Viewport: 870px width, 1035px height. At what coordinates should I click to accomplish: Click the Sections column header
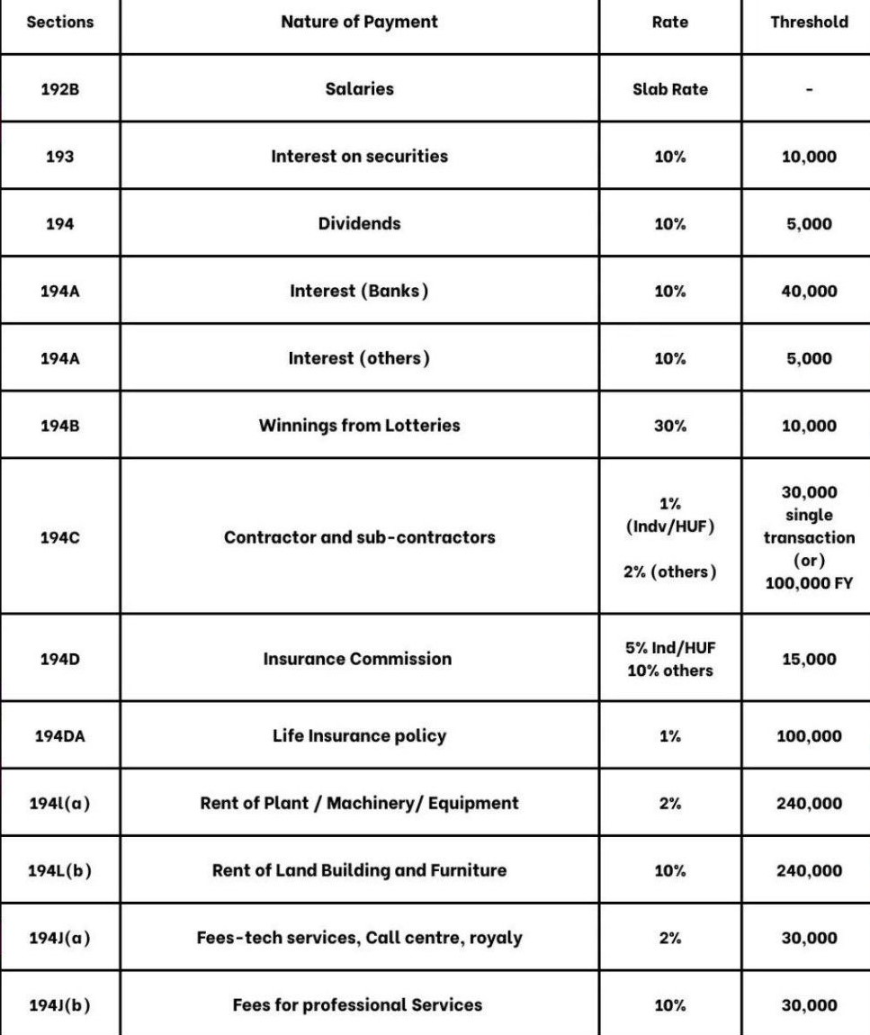pyautogui.click(x=59, y=22)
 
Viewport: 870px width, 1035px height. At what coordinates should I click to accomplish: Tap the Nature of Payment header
pyautogui.click(x=359, y=22)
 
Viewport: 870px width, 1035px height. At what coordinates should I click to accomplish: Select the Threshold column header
pyautogui.click(x=808, y=22)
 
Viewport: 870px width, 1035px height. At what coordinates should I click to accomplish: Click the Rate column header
pyautogui.click(x=669, y=22)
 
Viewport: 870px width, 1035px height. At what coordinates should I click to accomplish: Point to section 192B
pyautogui.click(x=59, y=89)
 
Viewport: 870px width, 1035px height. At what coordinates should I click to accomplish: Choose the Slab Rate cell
pyautogui.click(x=669, y=89)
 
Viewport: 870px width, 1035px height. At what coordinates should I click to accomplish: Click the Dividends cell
pyautogui.click(x=359, y=223)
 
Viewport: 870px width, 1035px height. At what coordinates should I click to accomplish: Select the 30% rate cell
pyautogui.click(x=669, y=426)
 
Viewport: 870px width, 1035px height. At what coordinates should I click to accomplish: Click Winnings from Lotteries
pyautogui.click(x=359, y=426)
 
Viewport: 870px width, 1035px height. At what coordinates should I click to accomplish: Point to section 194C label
pyautogui.click(x=59, y=537)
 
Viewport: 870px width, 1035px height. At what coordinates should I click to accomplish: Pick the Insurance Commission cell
pyautogui.click(x=357, y=659)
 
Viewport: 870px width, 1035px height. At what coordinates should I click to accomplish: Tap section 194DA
pyautogui.click(x=59, y=735)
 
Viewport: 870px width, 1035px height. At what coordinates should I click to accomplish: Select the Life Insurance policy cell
pyautogui.click(x=359, y=735)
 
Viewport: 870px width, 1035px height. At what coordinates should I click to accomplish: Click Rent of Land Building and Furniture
pyautogui.click(x=359, y=870)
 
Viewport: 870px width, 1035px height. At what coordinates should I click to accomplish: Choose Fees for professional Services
pyautogui.click(x=357, y=1004)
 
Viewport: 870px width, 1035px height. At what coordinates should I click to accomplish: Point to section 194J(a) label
pyautogui.click(x=59, y=938)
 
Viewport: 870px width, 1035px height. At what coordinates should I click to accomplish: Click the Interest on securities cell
pyautogui.click(x=359, y=156)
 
